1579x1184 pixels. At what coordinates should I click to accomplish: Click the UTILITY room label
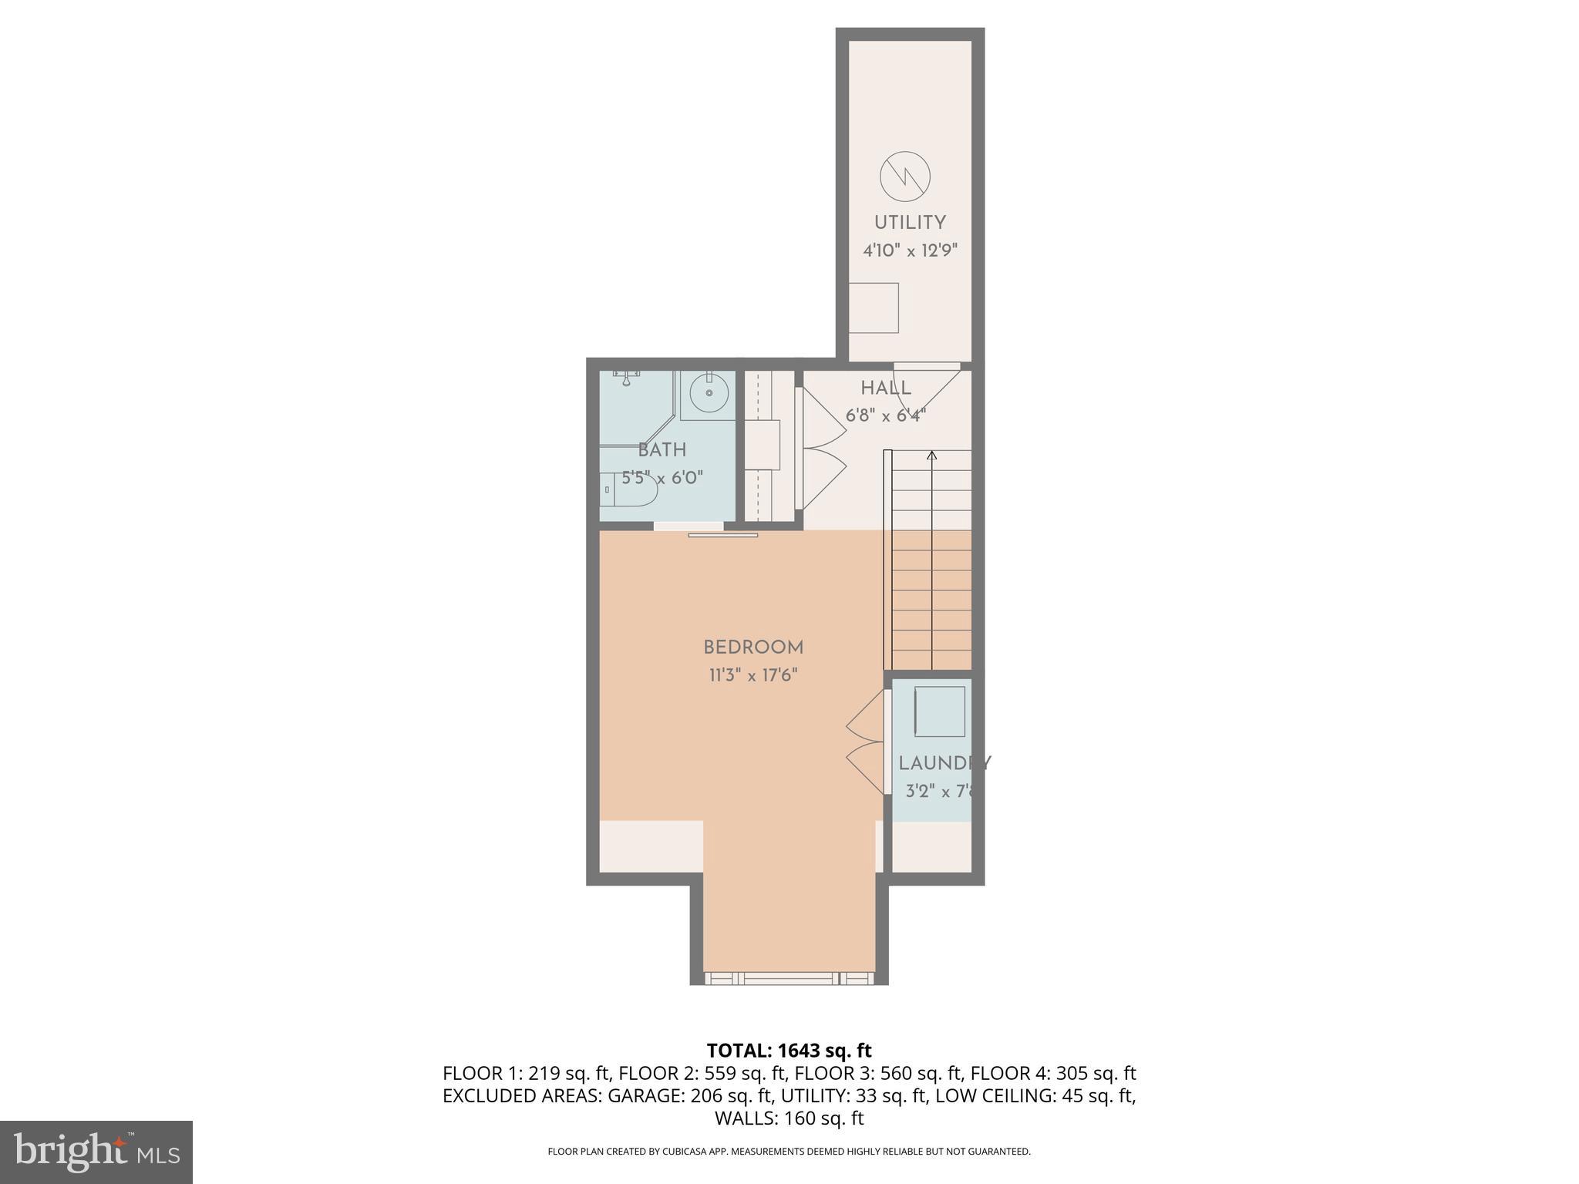(x=910, y=223)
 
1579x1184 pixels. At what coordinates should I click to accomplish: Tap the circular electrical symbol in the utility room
(x=905, y=177)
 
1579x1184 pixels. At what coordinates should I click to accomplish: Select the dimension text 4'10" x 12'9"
(x=910, y=251)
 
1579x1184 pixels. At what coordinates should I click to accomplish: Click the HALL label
(x=886, y=388)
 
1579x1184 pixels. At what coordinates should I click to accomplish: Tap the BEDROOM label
(x=753, y=647)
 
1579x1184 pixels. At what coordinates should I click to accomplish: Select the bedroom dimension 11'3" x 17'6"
(x=753, y=675)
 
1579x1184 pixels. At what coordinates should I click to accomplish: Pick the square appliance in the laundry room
(x=939, y=711)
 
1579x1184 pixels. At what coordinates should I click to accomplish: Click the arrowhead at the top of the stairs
(x=931, y=456)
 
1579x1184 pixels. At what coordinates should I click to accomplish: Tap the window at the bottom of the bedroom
(x=789, y=978)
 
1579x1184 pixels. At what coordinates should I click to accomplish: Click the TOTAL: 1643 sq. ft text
(x=789, y=1050)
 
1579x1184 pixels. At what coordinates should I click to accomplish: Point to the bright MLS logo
(x=96, y=1152)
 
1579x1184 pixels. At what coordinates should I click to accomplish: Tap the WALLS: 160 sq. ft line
(x=789, y=1118)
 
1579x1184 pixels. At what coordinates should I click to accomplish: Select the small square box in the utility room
(x=874, y=308)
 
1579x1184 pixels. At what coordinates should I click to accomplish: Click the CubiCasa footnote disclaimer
(x=789, y=1152)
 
